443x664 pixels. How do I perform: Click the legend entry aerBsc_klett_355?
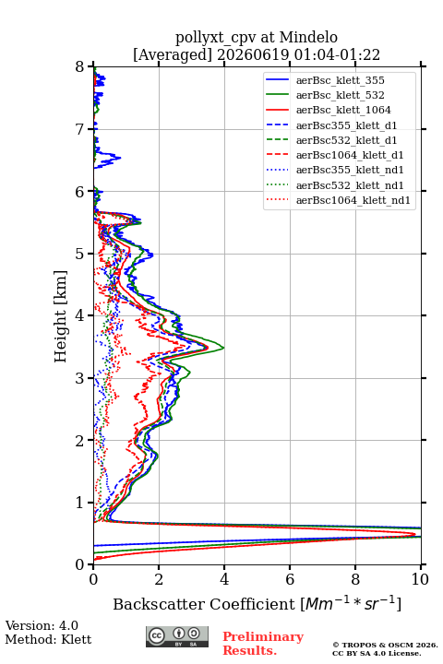point(340,80)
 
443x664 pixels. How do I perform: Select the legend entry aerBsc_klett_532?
point(340,95)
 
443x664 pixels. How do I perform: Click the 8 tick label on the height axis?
point(80,66)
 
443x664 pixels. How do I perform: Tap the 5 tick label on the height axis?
point(80,254)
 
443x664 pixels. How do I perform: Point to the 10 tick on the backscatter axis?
point(420,579)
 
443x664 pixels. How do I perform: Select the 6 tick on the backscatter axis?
point(290,579)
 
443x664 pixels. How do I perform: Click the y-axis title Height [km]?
point(61,316)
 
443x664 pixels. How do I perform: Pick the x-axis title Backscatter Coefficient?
point(204,604)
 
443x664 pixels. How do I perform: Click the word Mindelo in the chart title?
point(308,38)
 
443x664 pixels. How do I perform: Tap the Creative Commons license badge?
point(177,636)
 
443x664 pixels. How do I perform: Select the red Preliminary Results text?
point(263,644)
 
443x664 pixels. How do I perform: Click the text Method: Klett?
point(48,639)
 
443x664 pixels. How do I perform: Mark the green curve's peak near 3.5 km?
point(223,348)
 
